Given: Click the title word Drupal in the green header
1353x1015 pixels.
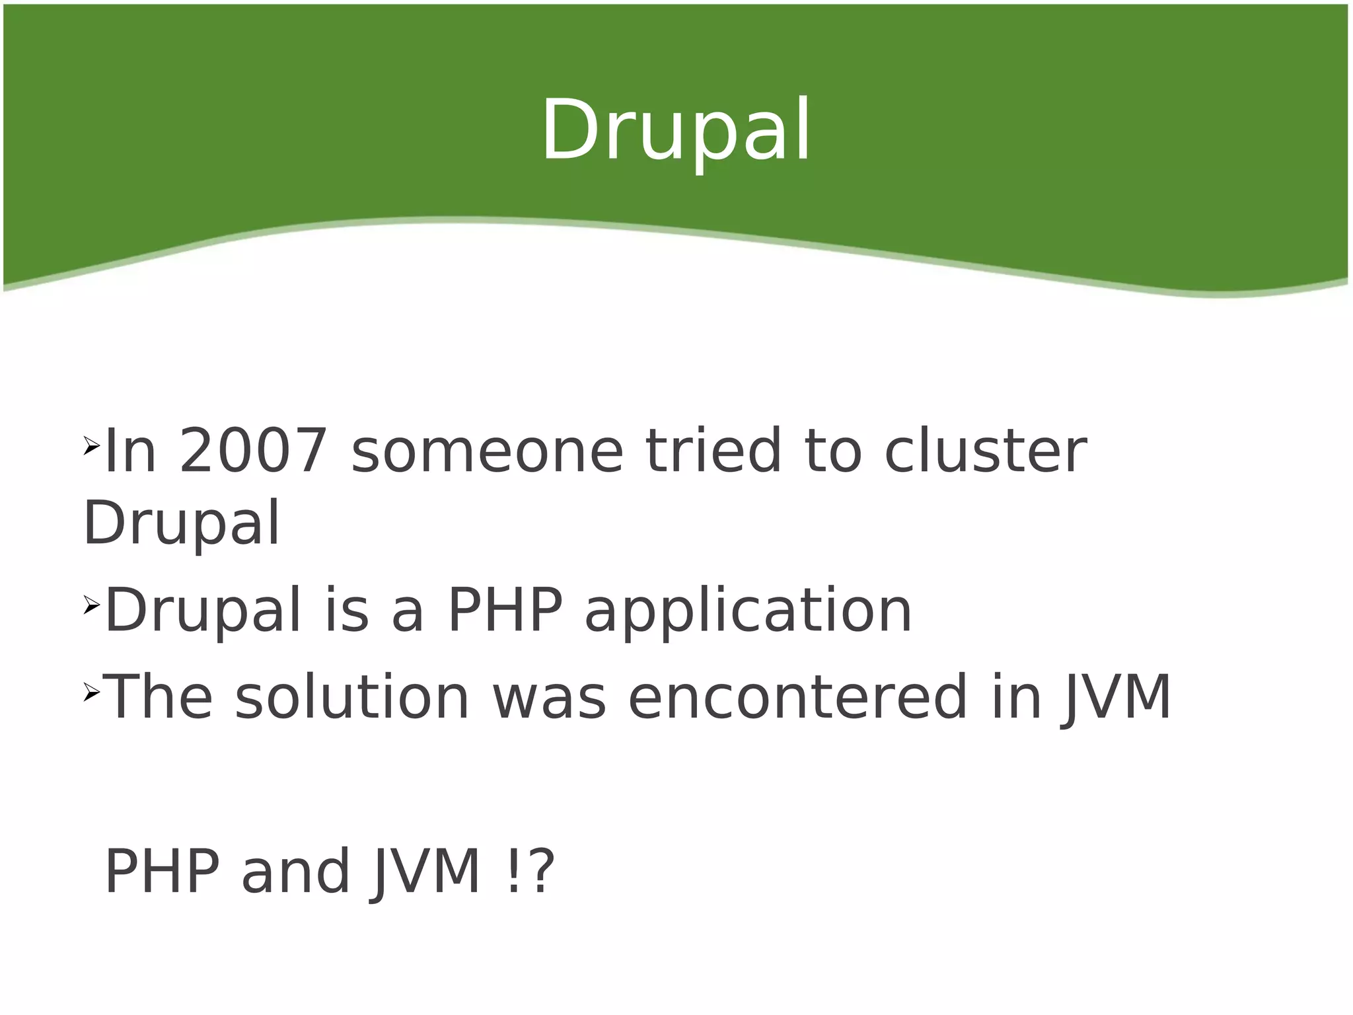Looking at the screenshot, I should click(x=676, y=131).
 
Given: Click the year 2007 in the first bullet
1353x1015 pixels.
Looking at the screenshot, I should click(x=253, y=451).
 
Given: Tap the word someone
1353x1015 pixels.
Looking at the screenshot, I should click(x=487, y=451).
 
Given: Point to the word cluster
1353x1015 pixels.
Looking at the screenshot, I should click(x=984, y=451).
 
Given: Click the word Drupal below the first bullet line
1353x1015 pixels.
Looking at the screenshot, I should click(x=182, y=523).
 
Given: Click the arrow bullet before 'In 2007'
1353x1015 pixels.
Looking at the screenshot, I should click(x=91, y=447).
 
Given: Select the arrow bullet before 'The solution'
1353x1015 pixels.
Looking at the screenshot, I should click(x=91, y=693).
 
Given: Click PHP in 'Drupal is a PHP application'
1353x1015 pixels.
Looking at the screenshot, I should click(x=505, y=610).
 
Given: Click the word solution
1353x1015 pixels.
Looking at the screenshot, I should click(x=351, y=698).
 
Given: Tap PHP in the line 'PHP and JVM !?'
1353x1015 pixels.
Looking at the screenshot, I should click(x=162, y=872).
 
